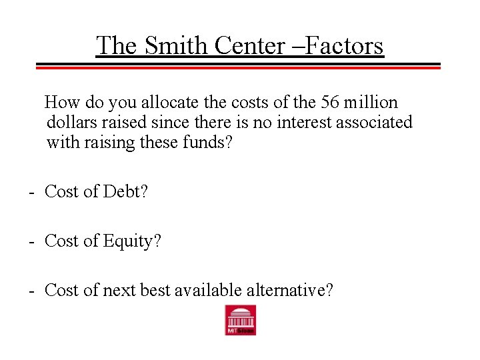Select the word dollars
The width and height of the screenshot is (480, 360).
(x=69, y=123)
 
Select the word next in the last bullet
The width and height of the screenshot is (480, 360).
(x=117, y=291)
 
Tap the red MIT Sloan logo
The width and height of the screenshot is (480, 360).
(x=240, y=320)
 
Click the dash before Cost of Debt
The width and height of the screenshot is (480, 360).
(x=31, y=193)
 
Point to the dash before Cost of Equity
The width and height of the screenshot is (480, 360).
(x=31, y=242)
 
